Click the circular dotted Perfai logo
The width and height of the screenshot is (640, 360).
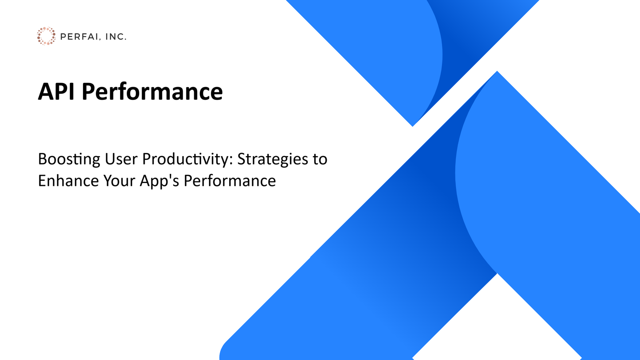click(46, 36)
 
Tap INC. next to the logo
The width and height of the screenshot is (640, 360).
click(116, 37)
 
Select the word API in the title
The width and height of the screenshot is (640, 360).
click(56, 91)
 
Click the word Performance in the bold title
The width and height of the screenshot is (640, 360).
click(152, 92)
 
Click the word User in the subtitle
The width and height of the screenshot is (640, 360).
click(121, 159)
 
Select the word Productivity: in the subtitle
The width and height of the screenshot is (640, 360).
click(187, 160)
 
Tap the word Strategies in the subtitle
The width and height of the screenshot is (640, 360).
click(273, 160)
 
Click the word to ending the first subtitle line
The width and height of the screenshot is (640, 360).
click(320, 160)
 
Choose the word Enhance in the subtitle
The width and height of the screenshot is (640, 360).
click(68, 181)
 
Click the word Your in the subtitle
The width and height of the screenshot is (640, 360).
click(119, 181)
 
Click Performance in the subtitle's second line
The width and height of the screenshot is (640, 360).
click(230, 181)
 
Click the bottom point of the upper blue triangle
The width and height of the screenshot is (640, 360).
click(413, 125)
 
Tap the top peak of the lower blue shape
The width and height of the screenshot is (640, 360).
click(497, 72)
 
